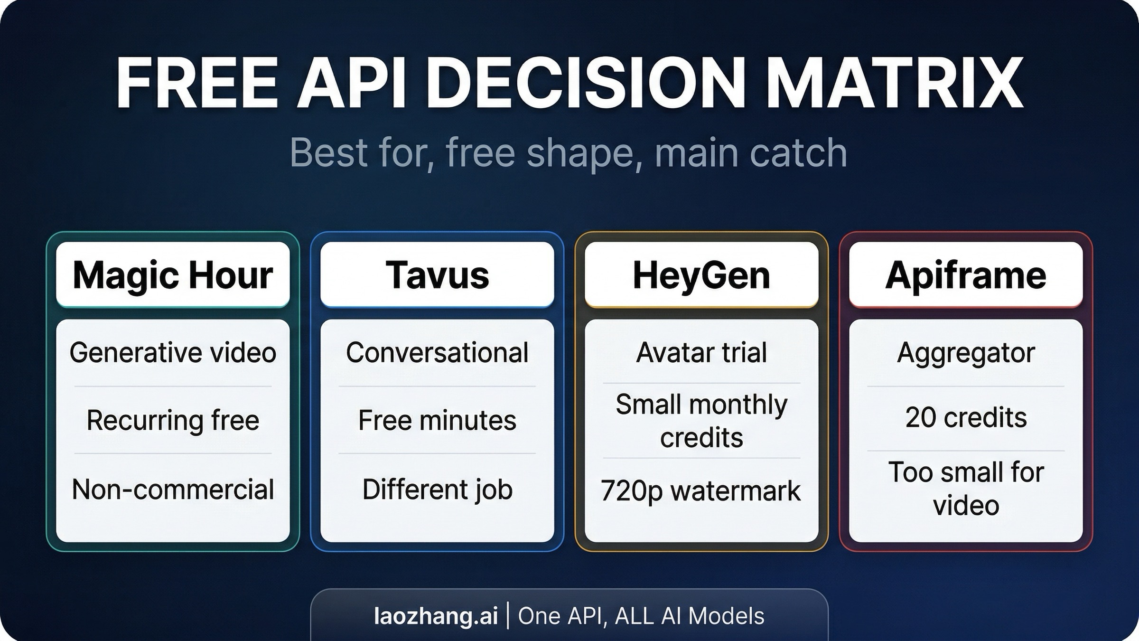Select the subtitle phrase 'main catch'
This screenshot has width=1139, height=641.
(x=751, y=153)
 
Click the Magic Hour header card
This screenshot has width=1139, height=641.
(x=173, y=275)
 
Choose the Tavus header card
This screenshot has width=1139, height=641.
(x=437, y=275)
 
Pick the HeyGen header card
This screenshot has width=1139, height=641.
(x=701, y=275)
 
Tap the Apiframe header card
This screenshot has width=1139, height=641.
(x=966, y=275)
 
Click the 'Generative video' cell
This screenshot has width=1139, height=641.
(x=173, y=353)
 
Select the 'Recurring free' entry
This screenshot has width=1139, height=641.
(x=173, y=420)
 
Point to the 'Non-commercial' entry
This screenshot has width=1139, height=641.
(x=173, y=490)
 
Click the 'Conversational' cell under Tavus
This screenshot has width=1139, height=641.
(x=437, y=353)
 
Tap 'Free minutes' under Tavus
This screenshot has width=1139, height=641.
(x=437, y=420)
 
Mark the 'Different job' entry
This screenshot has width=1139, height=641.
(x=437, y=490)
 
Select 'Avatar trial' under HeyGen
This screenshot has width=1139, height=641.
(x=701, y=353)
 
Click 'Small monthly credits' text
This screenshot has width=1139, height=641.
(x=701, y=421)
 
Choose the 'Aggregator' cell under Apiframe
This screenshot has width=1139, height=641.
(x=966, y=353)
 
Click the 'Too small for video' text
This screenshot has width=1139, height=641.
(x=966, y=488)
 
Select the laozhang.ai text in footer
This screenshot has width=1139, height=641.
(x=436, y=616)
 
